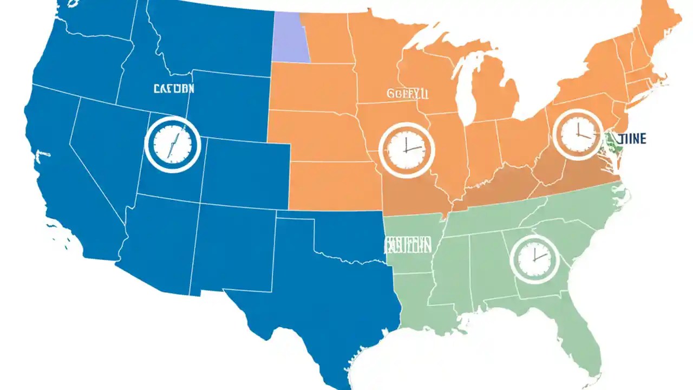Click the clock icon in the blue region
click(173, 144)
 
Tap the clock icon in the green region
click(534, 260)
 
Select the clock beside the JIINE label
click(577, 134)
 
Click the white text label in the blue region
click(174, 89)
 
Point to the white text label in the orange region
click(408, 94)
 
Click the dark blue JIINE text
click(631, 139)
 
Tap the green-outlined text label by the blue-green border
click(408, 245)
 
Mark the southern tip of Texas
click(336, 379)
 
